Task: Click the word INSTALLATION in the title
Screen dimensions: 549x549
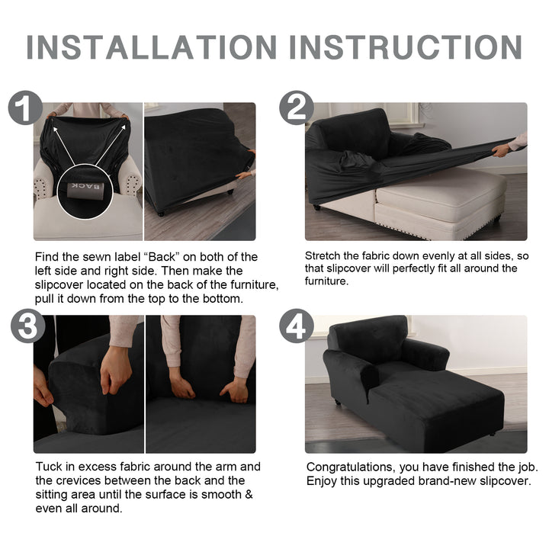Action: pyautogui.click(x=152, y=47)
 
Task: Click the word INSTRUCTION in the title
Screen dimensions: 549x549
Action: pyautogui.click(x=406, y=47)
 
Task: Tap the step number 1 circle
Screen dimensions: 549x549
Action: pyautogui.click(x=25, y=108)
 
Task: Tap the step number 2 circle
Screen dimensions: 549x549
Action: pyautogui.click(x=296, y=108)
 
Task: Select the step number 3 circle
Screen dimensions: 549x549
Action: pyautogui.click(x=27, y=326)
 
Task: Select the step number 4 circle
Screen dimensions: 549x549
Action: pyautogui.click(x=296, y=326)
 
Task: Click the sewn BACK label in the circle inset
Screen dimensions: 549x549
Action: pyautogui.click(x=85, y=189)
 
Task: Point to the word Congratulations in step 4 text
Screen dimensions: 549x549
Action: pyautogui.click(x=352, y=467)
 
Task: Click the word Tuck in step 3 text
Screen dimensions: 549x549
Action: pyautogui.click(x=48, y=467)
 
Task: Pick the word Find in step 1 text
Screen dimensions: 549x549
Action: pyautogui.click(x=47, y=257)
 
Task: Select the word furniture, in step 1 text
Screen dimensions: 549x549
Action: pyautogui.click(x=255, y=284)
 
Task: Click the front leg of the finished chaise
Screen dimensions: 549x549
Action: pyautogui.click(x=338, y=401)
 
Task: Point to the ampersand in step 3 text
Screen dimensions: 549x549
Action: pyautogui.click(x=249, y=494)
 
